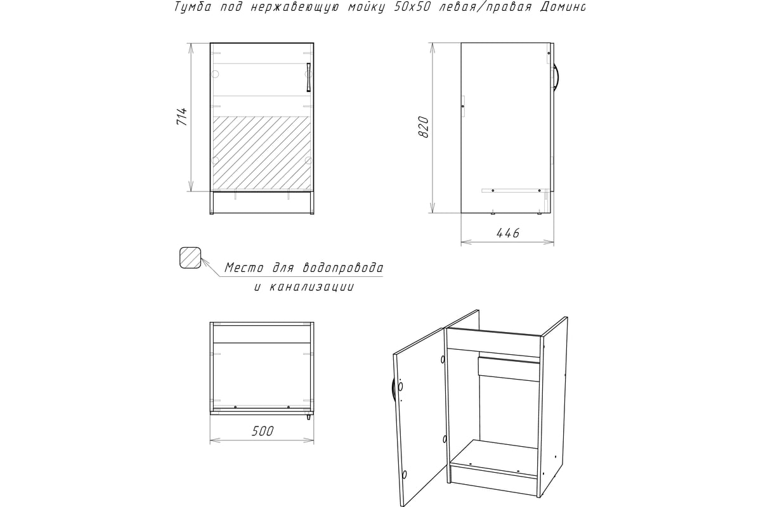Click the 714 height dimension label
click(x=182, y=117)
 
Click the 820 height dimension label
click(x=424, y=127)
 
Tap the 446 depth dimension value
click(x=508, y=233)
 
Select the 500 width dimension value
click(x=263, y=432)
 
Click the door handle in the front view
click(x=308, y=77)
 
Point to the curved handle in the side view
click(x=556, y=77)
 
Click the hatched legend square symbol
click(x=190, y=258)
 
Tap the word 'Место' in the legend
click(x=244, y=268)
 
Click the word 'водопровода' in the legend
click(x=342, y=268)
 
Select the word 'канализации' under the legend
click(x=311, y=287)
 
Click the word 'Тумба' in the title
click(x=192, y=7)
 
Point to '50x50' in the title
click(x=412, y=7)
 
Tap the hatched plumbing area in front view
click(x=261, y=153)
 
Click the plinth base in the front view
click(x=262, y=202)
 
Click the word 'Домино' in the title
click(x=563, y=7)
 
